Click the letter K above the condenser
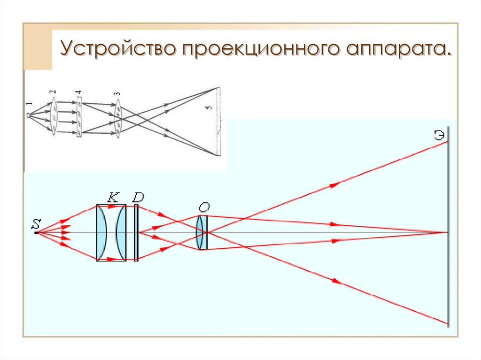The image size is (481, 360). click(x=112, y=198)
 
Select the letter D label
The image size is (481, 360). click(x=138, y=198)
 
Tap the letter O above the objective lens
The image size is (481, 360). click(x=203, y=207)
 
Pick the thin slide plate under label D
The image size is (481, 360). click(x=136, y=232)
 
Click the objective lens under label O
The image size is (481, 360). click(x=202, y=232)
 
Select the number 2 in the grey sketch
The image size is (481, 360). click(x=54, y=92)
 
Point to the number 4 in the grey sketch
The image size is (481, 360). click(x=79, y=92)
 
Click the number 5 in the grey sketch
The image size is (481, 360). click(x=209, y=108)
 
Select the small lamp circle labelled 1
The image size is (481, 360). click(x=29, y=114)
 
